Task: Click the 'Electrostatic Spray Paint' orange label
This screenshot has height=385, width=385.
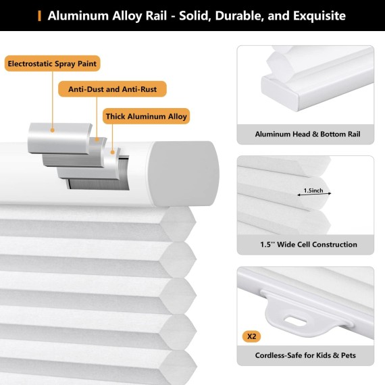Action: point(52,63)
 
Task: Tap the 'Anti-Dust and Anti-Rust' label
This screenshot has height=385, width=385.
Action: point(112,89)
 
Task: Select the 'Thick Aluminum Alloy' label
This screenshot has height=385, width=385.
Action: point(146,116)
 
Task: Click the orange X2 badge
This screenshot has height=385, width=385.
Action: point(251,336)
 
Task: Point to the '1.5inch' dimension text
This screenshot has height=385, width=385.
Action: point(313,190)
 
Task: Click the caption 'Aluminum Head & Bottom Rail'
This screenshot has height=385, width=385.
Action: point(307,134)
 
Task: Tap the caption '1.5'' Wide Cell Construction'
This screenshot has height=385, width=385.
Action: point(309,245)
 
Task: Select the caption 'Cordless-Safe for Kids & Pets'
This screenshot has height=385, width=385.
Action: point(305,355)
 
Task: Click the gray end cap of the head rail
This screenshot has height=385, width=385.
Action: point(184,173)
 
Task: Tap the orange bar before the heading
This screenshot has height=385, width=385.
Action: point(39,16)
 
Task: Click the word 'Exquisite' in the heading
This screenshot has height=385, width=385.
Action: point(319,16)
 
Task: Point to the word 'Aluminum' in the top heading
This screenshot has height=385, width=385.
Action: point(78,16)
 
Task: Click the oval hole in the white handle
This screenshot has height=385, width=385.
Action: point(295,321)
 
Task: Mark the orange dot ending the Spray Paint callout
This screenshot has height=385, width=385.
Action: point(52,130)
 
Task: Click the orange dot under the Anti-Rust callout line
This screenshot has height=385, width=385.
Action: point(97,139)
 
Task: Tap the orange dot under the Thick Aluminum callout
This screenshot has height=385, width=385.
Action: point(112,152)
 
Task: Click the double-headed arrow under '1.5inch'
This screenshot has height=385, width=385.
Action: point(314,195)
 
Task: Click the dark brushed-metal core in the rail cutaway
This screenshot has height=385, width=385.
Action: point(98,184)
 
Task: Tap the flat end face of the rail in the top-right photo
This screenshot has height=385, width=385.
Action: point(280,93)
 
